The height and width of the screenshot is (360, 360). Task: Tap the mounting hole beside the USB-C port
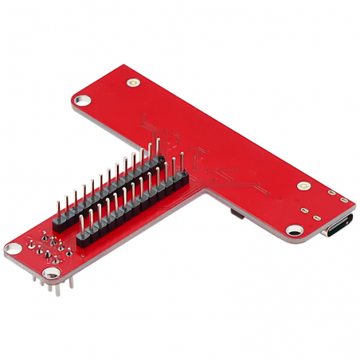coord(293,230)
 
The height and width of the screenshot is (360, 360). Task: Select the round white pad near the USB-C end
coord(303,185)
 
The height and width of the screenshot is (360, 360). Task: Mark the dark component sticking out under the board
coord(233,214)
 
